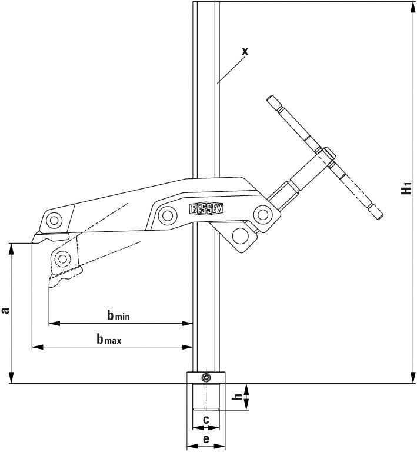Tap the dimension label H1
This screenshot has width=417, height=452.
click(x=405, y=190)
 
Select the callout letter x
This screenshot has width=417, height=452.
click(x=245, y=51)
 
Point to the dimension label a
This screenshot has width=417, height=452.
click(x=5, y=310)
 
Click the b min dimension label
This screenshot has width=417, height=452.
click(x=118, y=316)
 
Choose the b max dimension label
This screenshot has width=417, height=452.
click(x=109, y=339)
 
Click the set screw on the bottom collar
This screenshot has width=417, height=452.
click(x=205, y=377)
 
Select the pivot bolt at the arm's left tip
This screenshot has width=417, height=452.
click(x=54, y=221)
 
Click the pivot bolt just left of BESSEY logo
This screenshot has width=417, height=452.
click(x=166, y=214)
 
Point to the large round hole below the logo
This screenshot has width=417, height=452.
click(x=240, y=235)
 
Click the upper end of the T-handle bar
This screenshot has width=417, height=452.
click(x=272, y=99)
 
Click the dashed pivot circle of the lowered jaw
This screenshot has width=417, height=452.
click(x=61, y=257)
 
